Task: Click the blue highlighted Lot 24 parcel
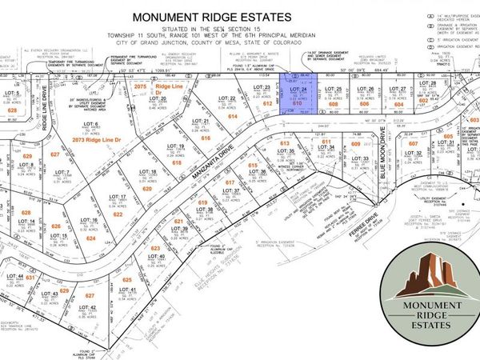[x=297, y=99]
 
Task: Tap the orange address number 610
[x=297, y=104]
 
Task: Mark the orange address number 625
[x=126, y=280]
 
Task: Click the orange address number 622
[x=118, y=214]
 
